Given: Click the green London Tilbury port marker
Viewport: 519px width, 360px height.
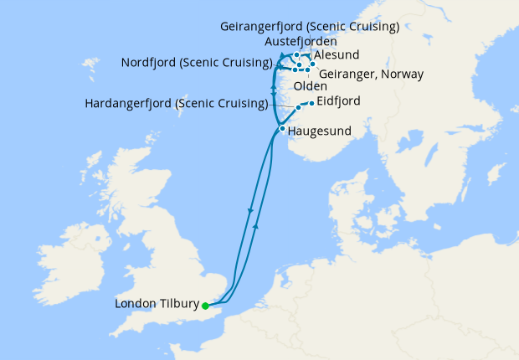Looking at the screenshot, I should (x=205, y=306).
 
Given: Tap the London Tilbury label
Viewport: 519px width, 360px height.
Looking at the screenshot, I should (x=157, y=304).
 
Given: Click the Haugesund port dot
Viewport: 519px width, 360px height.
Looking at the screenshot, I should (x=283, y=130).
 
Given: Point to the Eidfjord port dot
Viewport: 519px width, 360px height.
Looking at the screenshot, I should (x=311, y=104).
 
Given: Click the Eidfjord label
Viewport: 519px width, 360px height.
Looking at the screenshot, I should (x=339, y=102).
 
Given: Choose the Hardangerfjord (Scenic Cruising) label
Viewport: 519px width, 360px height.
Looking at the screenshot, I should (x=177, y=104).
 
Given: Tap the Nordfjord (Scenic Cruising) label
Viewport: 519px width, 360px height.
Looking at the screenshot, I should (x=197, y=63).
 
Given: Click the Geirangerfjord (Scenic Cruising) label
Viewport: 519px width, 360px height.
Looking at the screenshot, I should (x=310, y=27).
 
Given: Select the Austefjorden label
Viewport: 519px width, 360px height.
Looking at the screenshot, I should (x=301, y=41).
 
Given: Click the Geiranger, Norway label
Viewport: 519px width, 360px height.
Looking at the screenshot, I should (x=371, y=74).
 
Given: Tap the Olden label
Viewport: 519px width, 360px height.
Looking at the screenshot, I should (x=310, y=86).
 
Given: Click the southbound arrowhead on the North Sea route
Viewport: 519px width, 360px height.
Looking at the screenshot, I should (x=250, y=211).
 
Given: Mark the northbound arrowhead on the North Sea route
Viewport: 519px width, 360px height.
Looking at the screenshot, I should (x=256, y=225).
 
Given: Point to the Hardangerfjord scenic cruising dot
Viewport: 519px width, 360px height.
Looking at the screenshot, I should (x=298, y=109).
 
